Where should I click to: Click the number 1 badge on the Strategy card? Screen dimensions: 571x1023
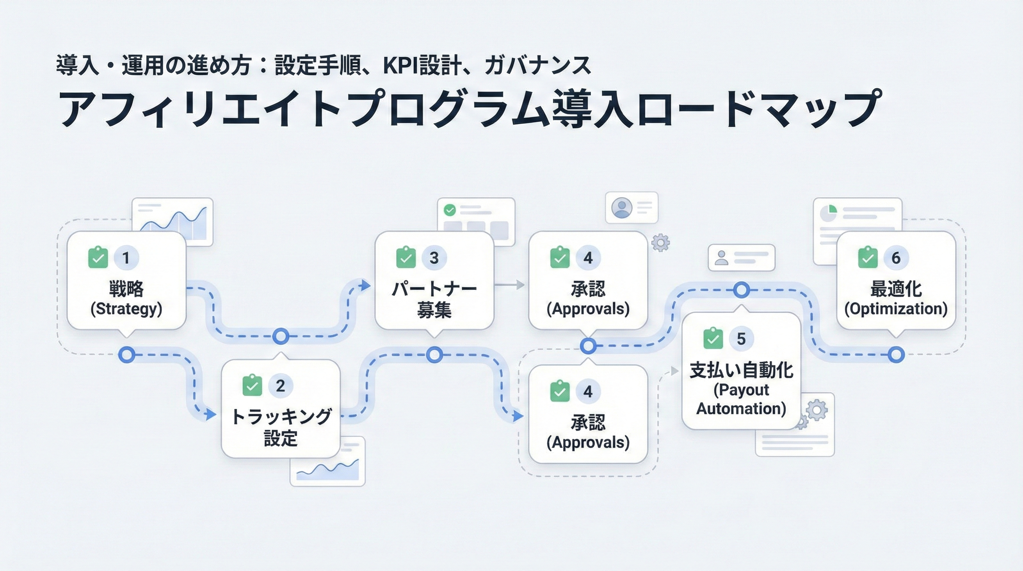point(126,258)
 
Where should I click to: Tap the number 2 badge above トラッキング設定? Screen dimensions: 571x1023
point(280,385)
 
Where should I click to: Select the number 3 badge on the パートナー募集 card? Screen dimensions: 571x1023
point(434,258)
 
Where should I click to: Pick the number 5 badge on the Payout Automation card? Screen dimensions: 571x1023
point(741,339)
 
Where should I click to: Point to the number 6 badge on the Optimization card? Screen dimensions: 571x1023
point(895,258)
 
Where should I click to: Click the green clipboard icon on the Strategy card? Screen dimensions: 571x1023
point(98,258)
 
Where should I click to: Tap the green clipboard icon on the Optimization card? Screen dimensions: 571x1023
point(868,258)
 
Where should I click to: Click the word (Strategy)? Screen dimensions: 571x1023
point(126,309)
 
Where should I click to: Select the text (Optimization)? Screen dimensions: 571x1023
point(895,309)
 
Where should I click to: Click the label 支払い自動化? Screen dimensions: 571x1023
point(741,370)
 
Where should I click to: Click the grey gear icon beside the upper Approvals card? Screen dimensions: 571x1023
point(661,243)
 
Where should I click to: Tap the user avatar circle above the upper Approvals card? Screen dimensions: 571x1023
point(622,207)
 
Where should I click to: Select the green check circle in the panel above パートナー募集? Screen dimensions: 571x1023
point(449,210)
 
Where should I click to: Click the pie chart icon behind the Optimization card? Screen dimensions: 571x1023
point(829,213)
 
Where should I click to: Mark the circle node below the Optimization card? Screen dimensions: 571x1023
point(896,355)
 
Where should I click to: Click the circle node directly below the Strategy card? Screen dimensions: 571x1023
point(127,355)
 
